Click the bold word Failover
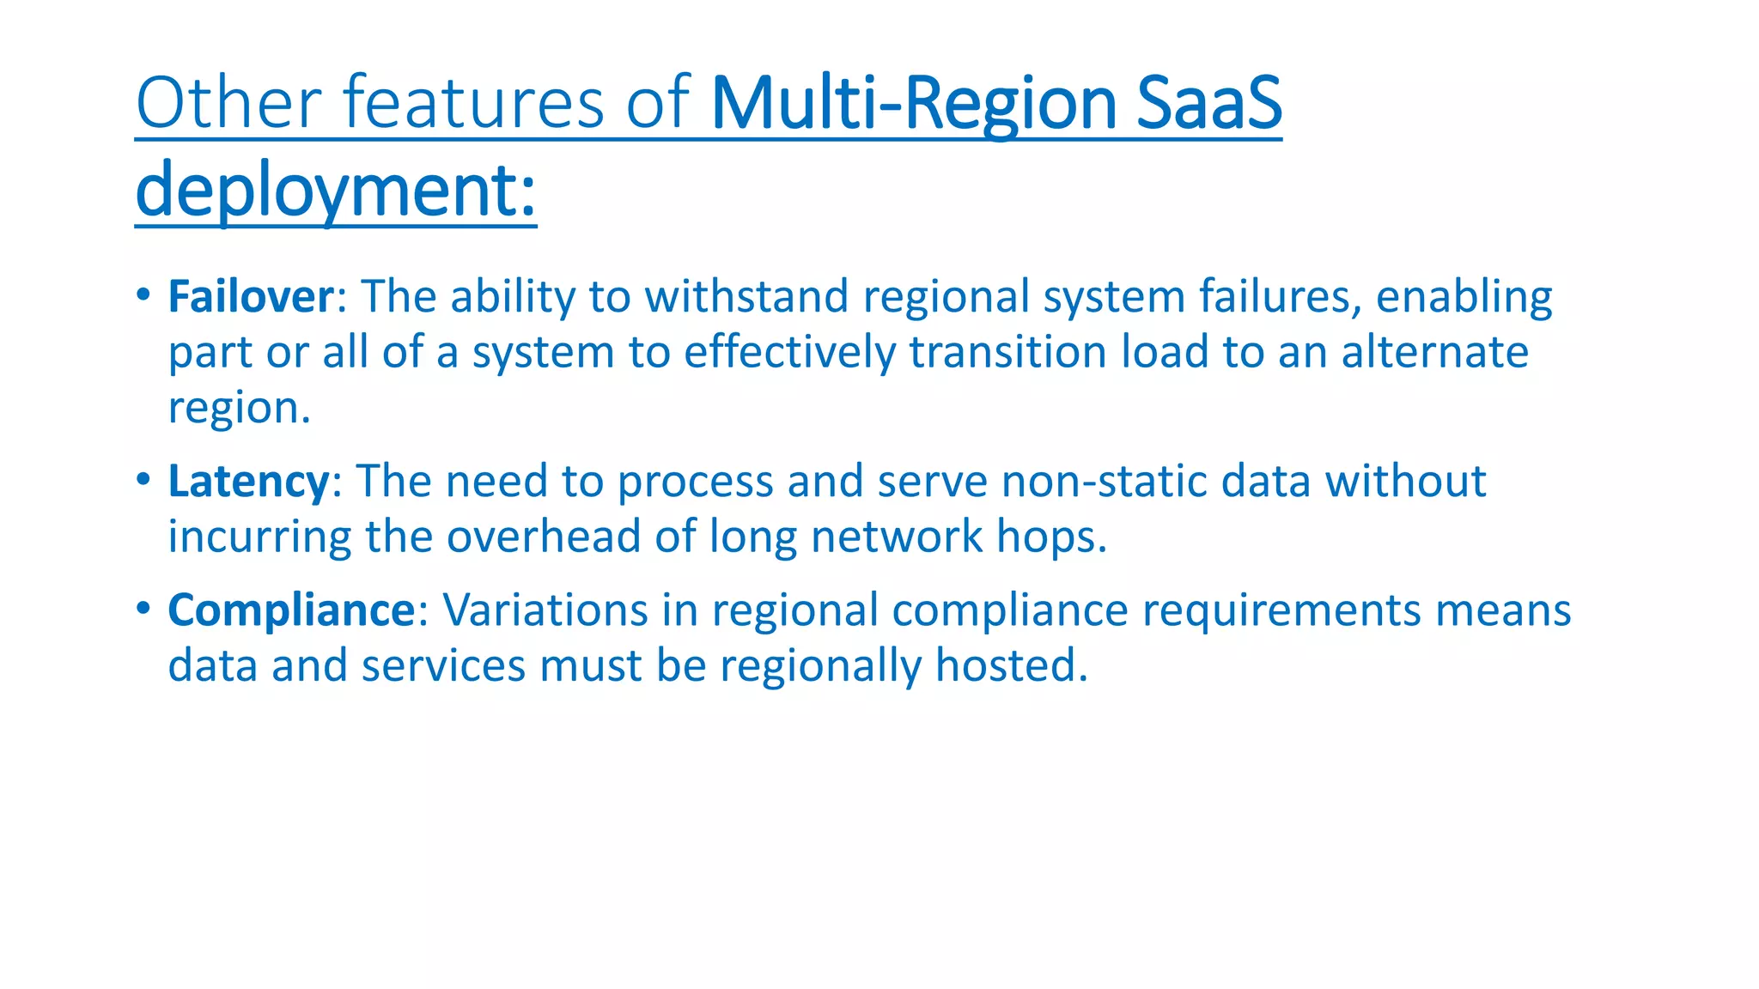point(250,297)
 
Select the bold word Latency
point(248,482)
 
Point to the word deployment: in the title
point(336,191)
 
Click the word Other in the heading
point(228,103)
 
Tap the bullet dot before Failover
point(143,294)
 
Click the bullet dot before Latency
point(143,479)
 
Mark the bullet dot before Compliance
point(143,609)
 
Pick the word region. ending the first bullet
point(239,409)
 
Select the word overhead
point(544,537)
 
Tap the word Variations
point(545,610)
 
